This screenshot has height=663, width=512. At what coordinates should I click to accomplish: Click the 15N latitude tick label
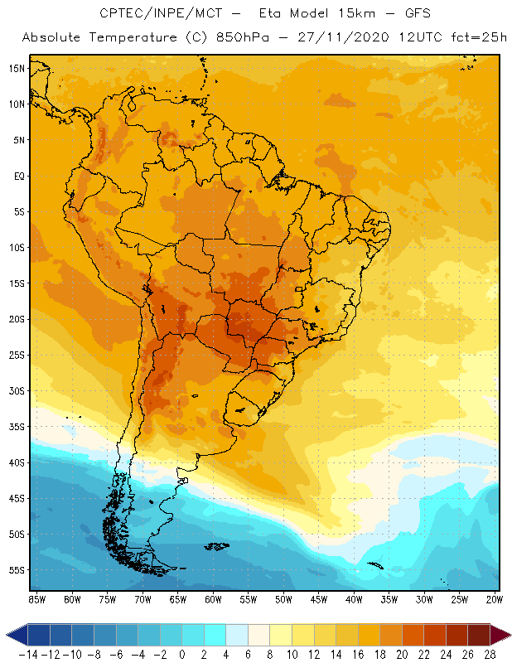point(16,68)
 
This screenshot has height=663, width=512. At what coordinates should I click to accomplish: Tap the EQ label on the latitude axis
point(17,176)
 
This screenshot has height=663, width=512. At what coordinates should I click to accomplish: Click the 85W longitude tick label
point(36,598)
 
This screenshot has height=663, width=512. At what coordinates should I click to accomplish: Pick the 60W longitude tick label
point(213,598)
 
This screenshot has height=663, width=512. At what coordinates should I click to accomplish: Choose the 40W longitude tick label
point(355,598)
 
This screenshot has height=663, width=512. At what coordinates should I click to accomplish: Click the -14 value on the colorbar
point(28,655)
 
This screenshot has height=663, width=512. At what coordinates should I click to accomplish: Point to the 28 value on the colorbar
point(489,655)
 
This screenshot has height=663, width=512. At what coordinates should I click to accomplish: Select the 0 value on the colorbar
point(181,655)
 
